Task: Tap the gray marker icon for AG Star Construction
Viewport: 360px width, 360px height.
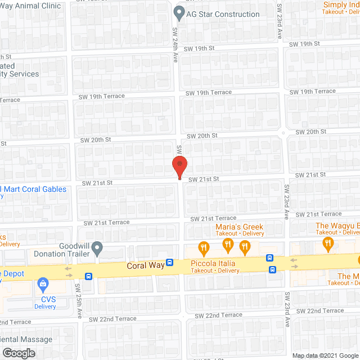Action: point(179,12)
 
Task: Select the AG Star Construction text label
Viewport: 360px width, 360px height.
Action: point(223,14)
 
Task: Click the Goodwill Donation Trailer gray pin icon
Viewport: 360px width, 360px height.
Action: point(97,247)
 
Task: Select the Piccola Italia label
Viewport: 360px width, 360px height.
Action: point(212,263)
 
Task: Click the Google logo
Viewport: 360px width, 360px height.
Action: point(18,353)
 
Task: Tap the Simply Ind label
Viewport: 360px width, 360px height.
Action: point(341,5)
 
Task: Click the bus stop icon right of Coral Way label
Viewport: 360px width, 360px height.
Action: point(169,263)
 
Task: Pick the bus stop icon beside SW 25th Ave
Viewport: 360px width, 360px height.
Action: point(88,276)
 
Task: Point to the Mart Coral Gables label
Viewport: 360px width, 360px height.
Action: point(33,188)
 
